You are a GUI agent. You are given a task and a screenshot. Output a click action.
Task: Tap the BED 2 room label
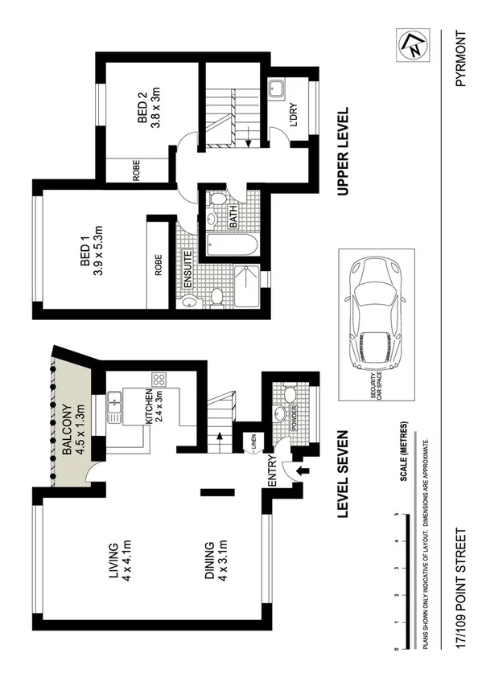click(x=144, y=109)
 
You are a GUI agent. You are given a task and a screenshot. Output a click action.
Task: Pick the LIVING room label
click(x=113, y=561)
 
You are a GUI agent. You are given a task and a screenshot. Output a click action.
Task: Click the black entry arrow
click(x=303, y=472)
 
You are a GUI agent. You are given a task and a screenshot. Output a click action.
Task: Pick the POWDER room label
click(x=294, y=417)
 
